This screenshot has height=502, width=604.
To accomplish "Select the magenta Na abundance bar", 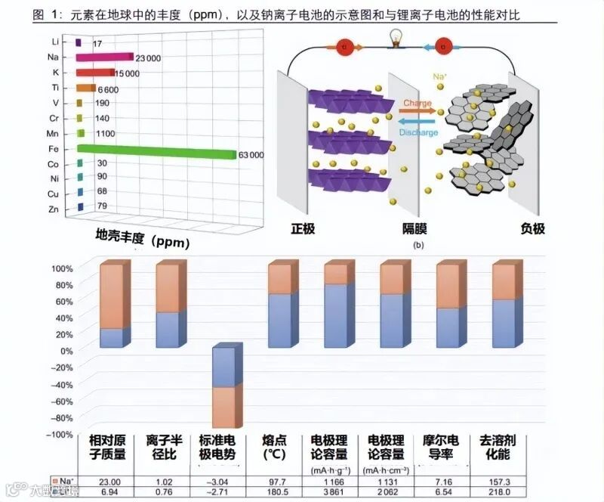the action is (x=105, y=57).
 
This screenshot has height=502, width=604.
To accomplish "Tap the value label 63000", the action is (x=251, y=155).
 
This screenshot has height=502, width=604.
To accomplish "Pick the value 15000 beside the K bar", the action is (x=126, y=73).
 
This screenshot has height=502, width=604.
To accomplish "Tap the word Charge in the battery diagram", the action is (x=418, y=103).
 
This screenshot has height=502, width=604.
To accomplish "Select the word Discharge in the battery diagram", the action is (x=418, y=133).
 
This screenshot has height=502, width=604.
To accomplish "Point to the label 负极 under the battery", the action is (x=533, y=228).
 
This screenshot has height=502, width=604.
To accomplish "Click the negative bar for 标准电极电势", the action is (x=226, y=387).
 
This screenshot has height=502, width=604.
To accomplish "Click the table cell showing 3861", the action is (x=333, y=492).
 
